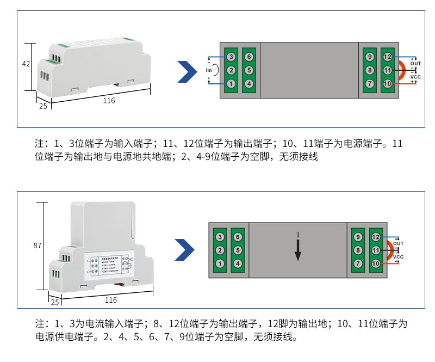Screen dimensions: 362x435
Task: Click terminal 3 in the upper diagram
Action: (231, 57)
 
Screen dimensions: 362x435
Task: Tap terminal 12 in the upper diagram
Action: (387, 57)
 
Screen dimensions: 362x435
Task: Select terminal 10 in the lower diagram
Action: (376, 263)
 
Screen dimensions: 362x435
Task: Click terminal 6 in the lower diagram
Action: (237, 237)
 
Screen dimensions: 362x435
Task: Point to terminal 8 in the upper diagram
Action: (370, 70)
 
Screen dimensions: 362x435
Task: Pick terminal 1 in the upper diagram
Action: (231, 84)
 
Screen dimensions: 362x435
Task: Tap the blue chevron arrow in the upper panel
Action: (187, 71)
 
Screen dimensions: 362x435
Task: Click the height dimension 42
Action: (26, 64)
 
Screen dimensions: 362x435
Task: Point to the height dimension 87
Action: (37, 246)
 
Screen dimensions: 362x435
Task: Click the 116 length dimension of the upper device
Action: (109, 100)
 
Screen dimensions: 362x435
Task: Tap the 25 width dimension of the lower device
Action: (54, 302)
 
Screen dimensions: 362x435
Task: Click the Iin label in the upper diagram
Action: (209, 70)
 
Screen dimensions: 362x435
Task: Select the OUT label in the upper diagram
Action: (415, 64)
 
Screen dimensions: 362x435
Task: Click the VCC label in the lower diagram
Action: (398, 256)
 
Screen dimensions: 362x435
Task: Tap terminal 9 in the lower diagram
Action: (358, 237)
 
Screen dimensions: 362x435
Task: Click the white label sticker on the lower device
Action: (106, 264)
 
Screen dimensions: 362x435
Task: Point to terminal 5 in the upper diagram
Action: (248, 70)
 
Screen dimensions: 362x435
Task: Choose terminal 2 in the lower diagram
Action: (220, 250)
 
